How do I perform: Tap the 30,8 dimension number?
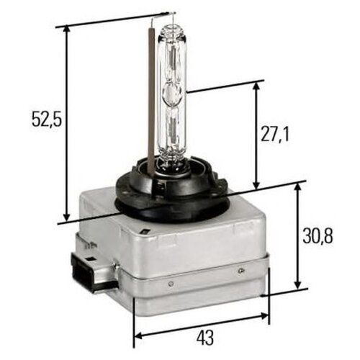(317, 236)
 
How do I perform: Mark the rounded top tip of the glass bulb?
(171, 27)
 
